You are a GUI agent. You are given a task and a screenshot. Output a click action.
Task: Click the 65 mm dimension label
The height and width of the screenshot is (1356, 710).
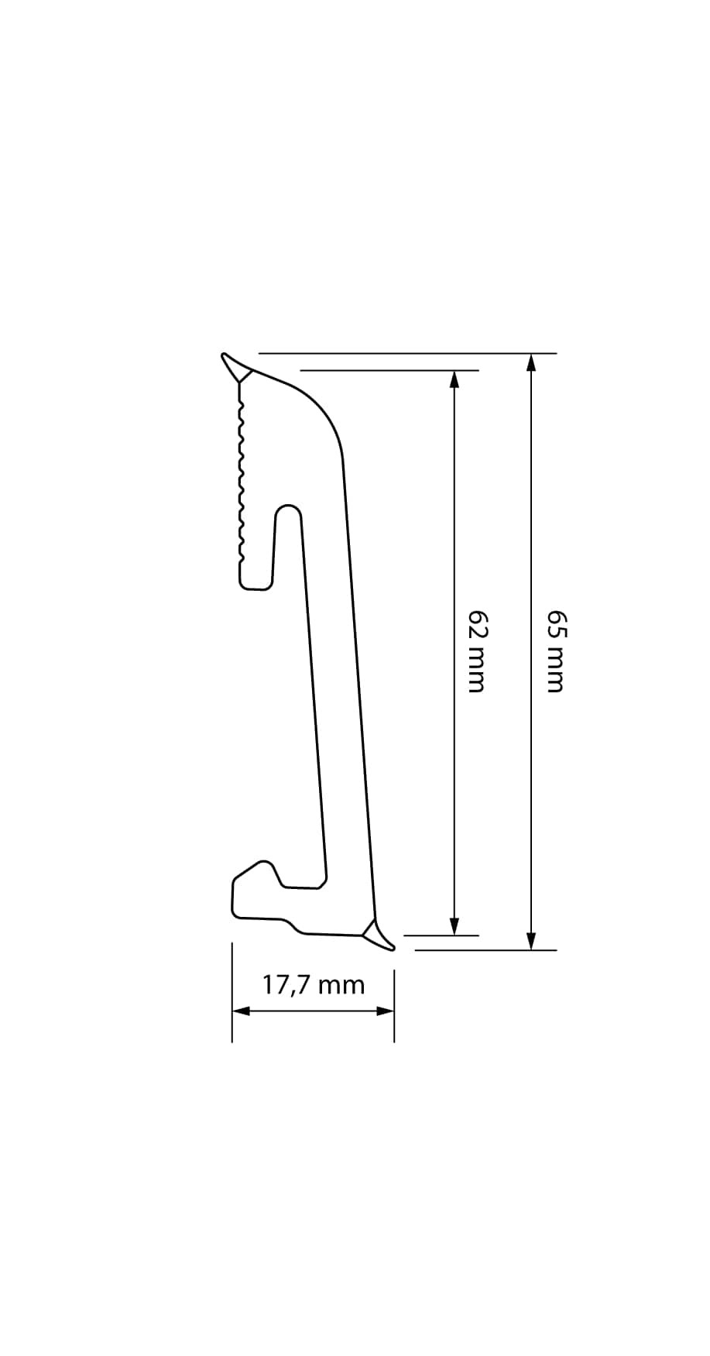(x=556, y=651)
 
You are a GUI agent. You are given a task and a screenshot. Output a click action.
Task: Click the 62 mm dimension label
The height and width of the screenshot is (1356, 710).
(x=478, y=651)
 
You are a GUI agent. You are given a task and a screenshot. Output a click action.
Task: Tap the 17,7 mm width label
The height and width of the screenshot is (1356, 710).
(x=314, y=985)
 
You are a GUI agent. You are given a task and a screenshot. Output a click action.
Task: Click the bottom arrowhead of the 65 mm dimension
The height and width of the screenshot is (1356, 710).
(x=531, y=940)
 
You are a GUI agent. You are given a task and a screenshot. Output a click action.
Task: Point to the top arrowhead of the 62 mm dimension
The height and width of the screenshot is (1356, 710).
(x=454, y=379)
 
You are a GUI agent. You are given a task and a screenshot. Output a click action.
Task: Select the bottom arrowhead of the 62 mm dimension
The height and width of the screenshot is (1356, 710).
(x=454, y=926)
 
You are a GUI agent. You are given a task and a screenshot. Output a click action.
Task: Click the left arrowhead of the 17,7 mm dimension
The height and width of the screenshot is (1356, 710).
(x=242, y=1011)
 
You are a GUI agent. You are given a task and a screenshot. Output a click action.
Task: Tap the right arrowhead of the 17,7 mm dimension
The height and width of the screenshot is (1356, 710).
(x=385, y=1011)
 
